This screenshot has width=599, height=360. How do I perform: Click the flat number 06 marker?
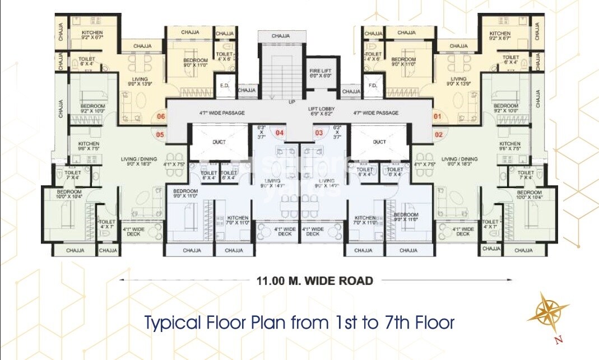pyautogui.click(x=161, y=116)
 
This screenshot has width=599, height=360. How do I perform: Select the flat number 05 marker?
pyautogui.click(x=160, y=134)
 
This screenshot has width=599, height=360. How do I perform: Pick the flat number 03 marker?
pyautogui.click(x=319, y=133)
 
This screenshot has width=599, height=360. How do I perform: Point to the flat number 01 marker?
pyautogui.click(x=438, y=116)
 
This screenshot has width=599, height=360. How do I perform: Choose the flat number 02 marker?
pyautogui.click(x=439, y=134)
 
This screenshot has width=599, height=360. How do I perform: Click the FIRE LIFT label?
pyautogui.click(x=321, y=73)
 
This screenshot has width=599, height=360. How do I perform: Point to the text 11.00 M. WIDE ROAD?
pyautogui.click(x=314, y=280)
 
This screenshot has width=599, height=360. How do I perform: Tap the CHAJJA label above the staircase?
pyautogui.click(x=281, y=36)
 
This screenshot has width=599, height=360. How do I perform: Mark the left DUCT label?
pyautogui.click(x=219, y=142)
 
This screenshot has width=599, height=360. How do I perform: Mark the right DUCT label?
pyautogui.click(x=379, y=142)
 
